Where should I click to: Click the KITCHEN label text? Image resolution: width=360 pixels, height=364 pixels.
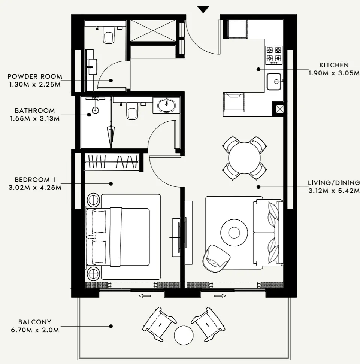coord(334,65)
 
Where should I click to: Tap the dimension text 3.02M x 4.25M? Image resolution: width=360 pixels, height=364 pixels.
coord(34,188)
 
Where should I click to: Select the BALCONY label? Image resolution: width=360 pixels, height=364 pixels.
coord(34,322)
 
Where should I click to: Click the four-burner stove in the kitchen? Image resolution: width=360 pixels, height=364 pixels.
coord(274,54)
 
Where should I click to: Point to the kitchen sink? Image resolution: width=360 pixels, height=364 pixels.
coord(275,81)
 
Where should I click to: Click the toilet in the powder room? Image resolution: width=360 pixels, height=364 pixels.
coord(109,36)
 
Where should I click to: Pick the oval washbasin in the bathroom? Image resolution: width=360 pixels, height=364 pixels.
coord(166,104)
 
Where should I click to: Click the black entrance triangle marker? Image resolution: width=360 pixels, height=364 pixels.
coord(203,10)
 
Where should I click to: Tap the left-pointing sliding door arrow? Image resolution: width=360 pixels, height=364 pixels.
coord(145,296)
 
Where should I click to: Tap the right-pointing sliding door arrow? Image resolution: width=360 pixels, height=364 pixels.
coord(220,296)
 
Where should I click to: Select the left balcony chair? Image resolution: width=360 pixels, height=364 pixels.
coord(159,324)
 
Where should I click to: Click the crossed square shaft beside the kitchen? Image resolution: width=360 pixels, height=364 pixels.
coord(279,109)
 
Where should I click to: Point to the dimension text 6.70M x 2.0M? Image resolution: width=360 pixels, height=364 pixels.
coord(34,330)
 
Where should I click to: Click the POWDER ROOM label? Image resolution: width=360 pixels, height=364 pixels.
coord(35,76)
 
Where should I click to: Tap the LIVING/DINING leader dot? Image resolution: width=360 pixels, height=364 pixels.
coord(258,186)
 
